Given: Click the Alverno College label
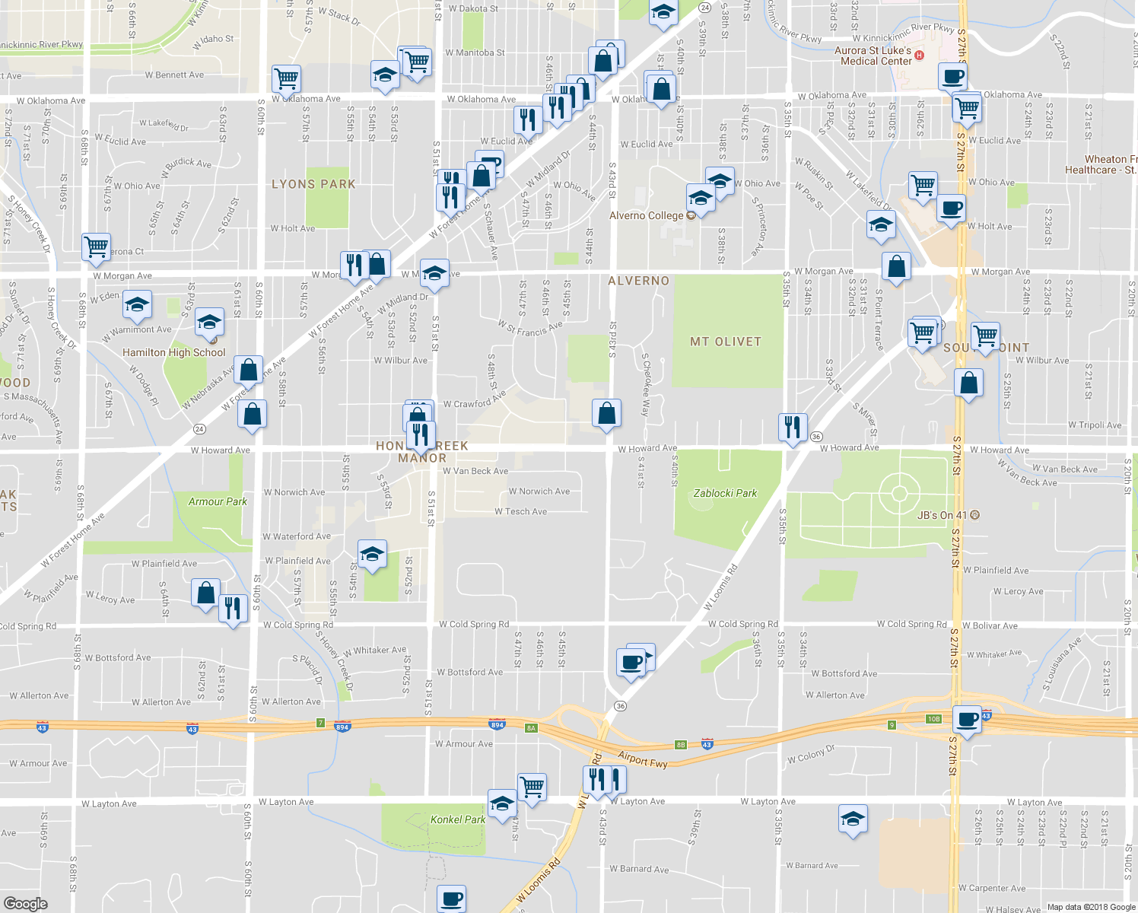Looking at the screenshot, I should tap(647, 215).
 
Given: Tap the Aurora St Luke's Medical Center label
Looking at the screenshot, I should tap(873, 56).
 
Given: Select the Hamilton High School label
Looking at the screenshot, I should tap(174, 352).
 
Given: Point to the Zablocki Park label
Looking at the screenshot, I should tap(725, 493).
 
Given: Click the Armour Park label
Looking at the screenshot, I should tap(218, 501).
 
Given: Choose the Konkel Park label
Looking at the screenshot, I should tap(458, 819).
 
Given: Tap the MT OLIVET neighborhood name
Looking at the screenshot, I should tap(725, 342).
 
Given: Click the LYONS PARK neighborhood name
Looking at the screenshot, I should tap(313, 184).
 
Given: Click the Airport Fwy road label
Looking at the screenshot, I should tap(643, 759).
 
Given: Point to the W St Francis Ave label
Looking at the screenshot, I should tap(530, 328).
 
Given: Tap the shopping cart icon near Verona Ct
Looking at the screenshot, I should tap(97, 247).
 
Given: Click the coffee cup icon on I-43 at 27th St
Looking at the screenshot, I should tap(968, 718).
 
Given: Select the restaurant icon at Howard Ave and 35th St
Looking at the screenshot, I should tap(793, 427).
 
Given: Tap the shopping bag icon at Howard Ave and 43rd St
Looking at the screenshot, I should tap(607, 413).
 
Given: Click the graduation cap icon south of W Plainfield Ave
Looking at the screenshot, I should tap(372, 554).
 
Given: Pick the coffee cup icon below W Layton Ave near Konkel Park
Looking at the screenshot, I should tap(452, 898).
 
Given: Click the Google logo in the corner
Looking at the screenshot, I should tap(25, 903).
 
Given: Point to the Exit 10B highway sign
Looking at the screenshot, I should tap(933, 719).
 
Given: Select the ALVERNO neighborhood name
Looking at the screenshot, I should tap(638, 281).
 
